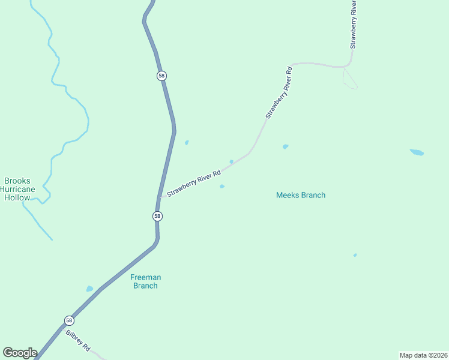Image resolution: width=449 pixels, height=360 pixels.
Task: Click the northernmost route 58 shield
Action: pyautogui.click(x=161, y=76)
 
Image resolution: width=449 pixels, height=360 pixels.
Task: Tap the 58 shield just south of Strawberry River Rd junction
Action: pyautogui.click(x=157, y=216)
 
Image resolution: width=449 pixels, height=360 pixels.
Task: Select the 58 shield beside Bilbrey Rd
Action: pyautogui.click(x=70, y=320)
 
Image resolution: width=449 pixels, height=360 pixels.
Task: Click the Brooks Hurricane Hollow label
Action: pyautogui.click(x=17, y=189)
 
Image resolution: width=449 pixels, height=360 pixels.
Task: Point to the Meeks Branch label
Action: pyautogui.click(x=301, y=195)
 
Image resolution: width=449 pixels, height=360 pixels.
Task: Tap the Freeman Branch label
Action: pyautogui.click(x=145, y=281)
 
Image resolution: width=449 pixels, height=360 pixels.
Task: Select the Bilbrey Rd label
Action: pyautogui.click(x=78, y=340)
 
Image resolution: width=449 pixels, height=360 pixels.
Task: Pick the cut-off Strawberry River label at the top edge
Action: pyautogui.click(x=354, y=24)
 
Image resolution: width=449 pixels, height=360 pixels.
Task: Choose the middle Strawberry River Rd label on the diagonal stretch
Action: pyautogui.click(x=279, y=92)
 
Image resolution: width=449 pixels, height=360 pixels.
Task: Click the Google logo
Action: pyautogui.click(x=20, y=353)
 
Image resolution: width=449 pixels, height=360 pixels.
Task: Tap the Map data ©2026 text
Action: pyautogui.click(x=423, y=355)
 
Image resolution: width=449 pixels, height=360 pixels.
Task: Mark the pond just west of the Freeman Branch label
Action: pyautogui.click(x=89, y=289)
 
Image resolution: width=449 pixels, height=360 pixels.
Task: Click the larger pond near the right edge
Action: pyautogui.click(x=417, y=152)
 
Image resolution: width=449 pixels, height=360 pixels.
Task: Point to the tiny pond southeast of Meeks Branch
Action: pyautogui.click(x=355, y=255)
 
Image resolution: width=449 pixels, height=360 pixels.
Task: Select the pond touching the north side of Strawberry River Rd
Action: pyautogui.click(x=231, y=161)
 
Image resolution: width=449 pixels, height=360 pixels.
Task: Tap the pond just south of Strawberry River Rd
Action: pyautogui.click(x=222, y=186)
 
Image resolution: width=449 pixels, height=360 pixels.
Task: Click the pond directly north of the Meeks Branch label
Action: pyautogui.click(x=285, y=146)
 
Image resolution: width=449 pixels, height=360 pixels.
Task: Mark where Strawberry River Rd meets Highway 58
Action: pyautogui.click(x=161, y=197)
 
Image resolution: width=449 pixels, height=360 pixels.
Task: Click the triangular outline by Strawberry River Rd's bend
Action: pyautogui.click(x=349, y=79)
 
